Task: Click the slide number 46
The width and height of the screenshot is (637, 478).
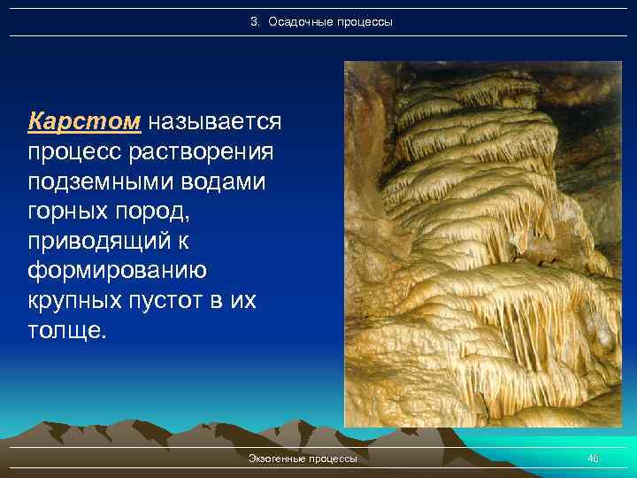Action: point(593,459)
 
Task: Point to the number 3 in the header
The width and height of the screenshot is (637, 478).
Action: point(254,20)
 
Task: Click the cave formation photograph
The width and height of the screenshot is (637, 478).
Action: point(482,243)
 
